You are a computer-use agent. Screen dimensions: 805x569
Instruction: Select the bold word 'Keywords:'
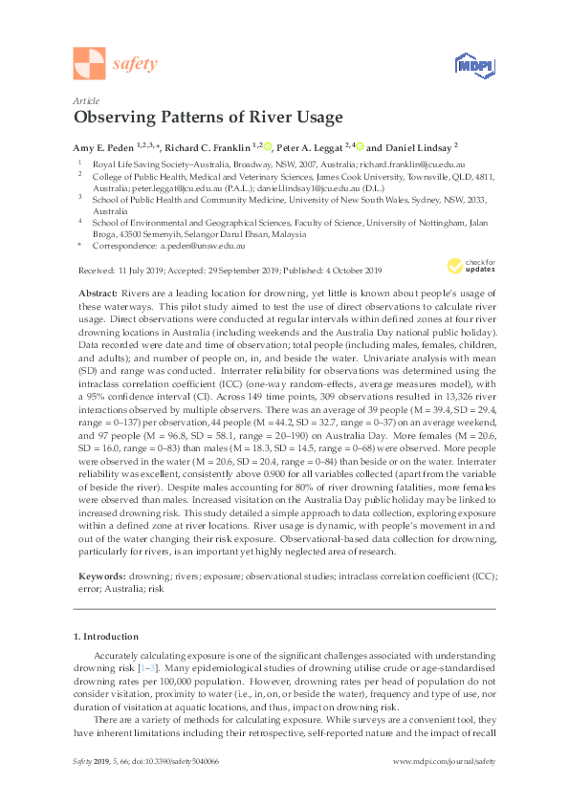[99, 576]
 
